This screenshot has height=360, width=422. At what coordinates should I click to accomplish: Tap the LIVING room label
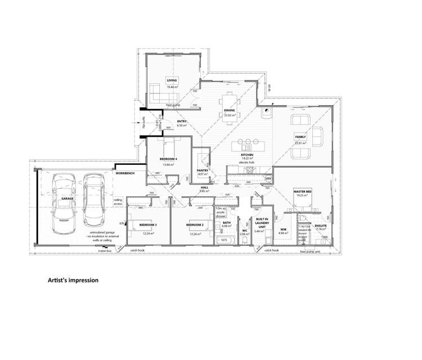pyautogui.click(x=172, y=81)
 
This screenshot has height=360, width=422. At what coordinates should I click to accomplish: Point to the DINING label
pyautogui.click(x=229, y=110)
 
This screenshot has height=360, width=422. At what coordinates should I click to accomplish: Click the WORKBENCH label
pyautogui.click(x=124, y=173)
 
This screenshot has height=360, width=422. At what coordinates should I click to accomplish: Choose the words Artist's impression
pyautogui.click(x=73, y=280)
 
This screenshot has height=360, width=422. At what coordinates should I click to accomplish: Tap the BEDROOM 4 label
pyautogui.click(x=168, y=159)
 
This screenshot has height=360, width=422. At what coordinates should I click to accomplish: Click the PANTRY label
pyautogui.click(x=203, y=170)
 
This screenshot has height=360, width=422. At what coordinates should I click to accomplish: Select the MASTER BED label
pyautogui.click(x=302, y=192)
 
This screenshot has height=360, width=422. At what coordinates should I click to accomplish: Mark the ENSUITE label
pyautogui.click(x=321, y=226)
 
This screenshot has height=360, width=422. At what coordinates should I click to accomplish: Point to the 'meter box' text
pyautogui.click(x=105, y=251)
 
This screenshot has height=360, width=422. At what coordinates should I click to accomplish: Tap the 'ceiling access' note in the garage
pyautogui.click(x=118, y=201)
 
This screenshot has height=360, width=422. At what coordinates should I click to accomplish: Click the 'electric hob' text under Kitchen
pyautogui.click(x=247, y=161)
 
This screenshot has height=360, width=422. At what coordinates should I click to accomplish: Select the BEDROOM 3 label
pyautogui.click(x=148, y=225)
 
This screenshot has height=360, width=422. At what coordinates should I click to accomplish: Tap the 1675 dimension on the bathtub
pyautogui.click(x=223, y=240)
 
